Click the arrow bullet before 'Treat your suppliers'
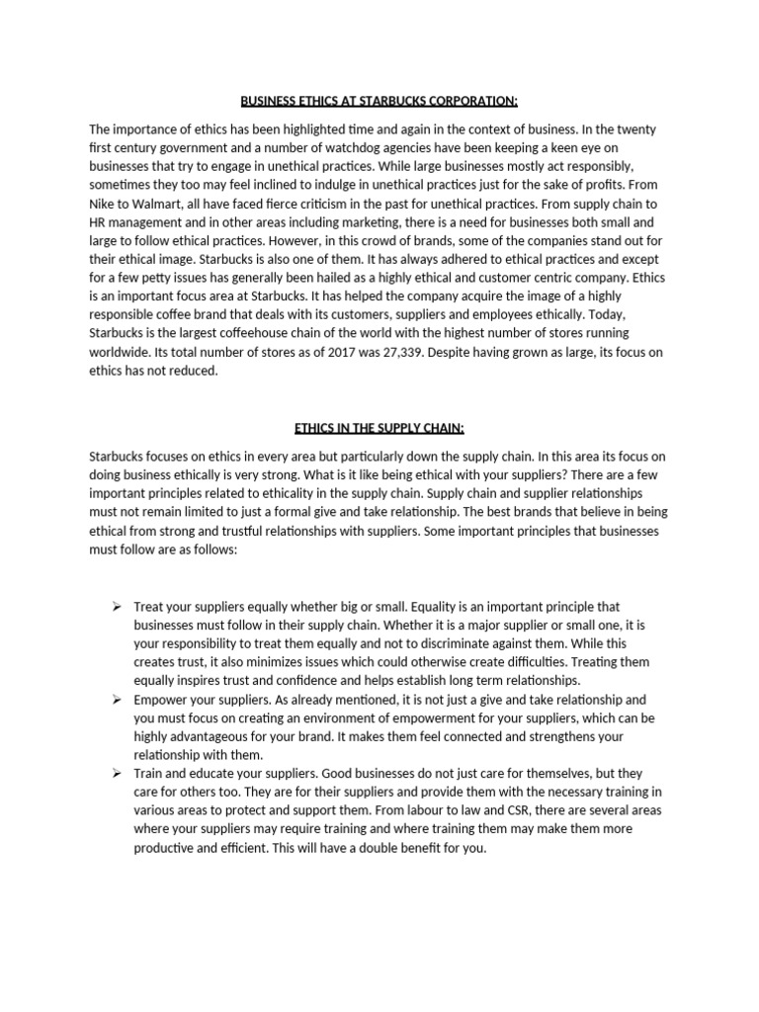(x=116, y=606)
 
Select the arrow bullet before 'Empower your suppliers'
(x=116, y=699)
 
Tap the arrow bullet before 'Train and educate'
(x=116, y=774)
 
